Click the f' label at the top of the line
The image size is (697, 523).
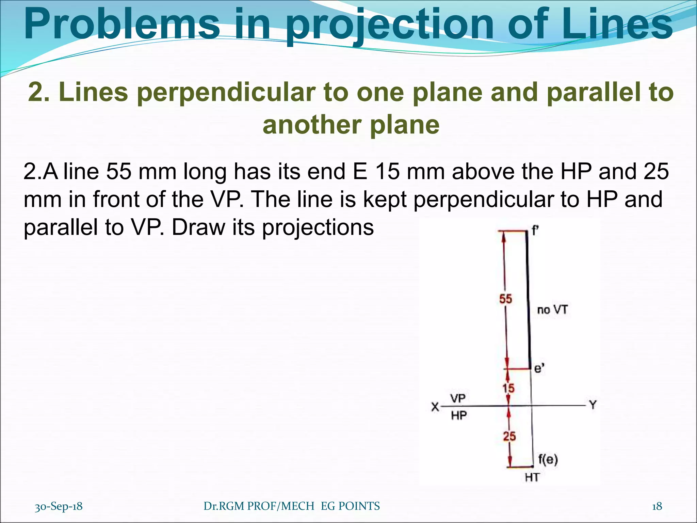pos(535,231)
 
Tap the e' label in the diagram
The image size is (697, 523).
pos(539,368)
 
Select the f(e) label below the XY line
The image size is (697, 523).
pos(548,459)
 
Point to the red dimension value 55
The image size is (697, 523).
pos(505,299)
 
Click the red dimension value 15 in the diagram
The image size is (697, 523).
pos(508,388)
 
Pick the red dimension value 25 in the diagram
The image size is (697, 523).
pos(509,436)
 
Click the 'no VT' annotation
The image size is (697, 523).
pos(552,310)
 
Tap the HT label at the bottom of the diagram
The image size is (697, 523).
pos(532,478)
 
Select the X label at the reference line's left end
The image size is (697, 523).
pos(435,407)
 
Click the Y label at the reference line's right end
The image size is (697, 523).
pos(593,405)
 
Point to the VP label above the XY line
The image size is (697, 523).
pos(458,398)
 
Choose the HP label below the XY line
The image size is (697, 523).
pos(459,415)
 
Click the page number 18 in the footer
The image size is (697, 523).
pos(657,506)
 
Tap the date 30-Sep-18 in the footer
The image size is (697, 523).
pos(59,506)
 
